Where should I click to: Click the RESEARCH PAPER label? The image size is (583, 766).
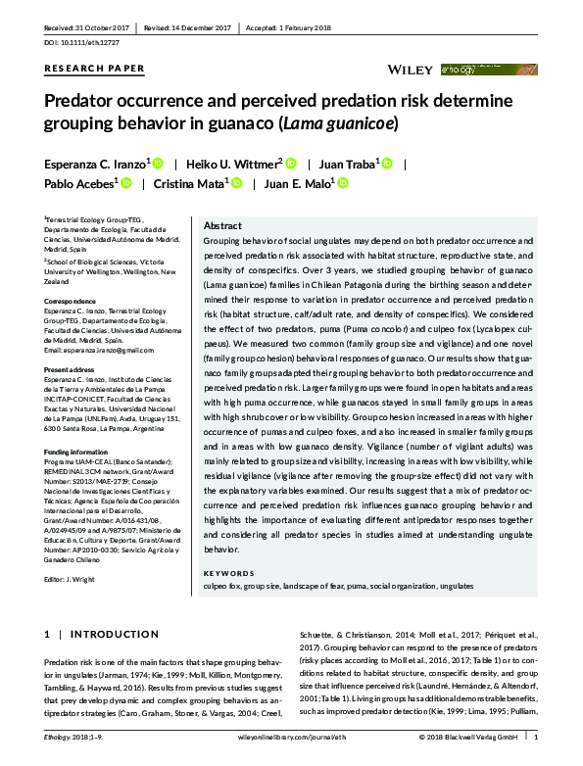[x=95, y=69]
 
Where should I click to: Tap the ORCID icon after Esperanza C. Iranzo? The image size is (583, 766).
[x=158, y=163]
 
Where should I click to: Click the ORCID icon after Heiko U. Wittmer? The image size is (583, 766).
[x=292, y=163]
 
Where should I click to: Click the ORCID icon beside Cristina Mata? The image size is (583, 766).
[x=238, y=182]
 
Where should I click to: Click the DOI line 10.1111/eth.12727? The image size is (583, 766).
[x=79, y=44]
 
